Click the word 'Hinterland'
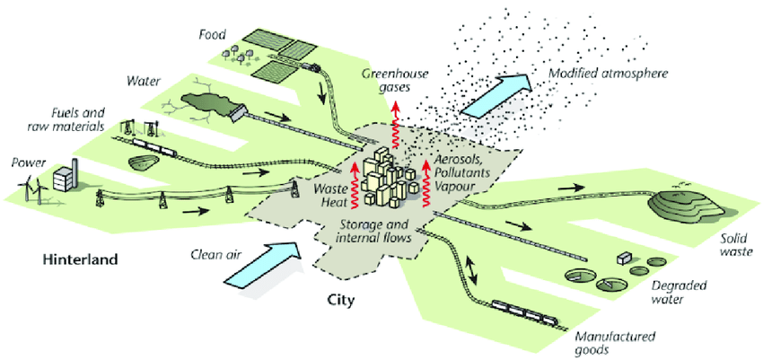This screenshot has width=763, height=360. [x=80, y=260]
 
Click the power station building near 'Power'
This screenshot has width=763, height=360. [x=65, y=178]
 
